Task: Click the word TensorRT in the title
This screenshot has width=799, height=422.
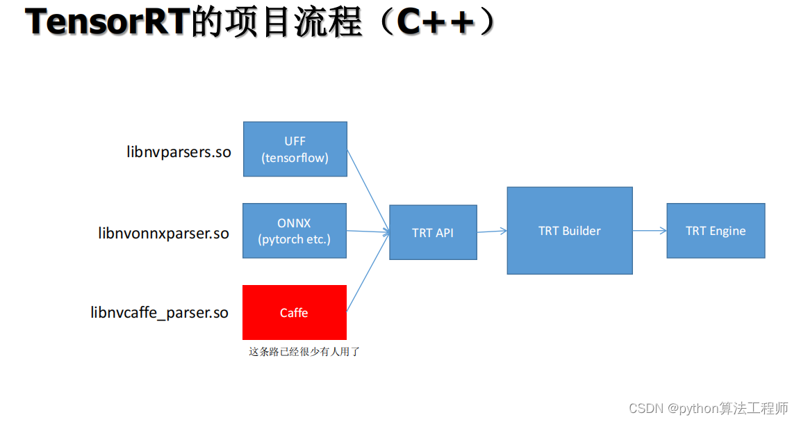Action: coord(107,23)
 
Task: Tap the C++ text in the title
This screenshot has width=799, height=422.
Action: coord(436,23)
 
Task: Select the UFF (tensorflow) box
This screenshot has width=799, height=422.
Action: coord(295,149)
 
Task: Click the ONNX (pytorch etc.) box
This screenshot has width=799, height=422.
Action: coord(294,231)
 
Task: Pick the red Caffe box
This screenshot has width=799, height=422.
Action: coord(294,312)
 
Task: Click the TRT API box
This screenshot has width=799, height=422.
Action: coord(433,232)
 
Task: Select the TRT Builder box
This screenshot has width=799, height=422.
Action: coord(569,230)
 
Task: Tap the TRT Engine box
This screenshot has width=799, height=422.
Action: coord(715,231)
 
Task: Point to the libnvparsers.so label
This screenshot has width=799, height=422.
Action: coord(179,152)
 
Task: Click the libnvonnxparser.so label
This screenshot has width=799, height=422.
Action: coord(164,234)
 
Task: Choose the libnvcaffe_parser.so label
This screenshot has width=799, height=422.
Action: coord(160,313)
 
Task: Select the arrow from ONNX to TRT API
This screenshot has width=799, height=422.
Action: coord(368,232)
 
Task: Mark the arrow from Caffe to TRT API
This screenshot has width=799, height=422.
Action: coord(368,273)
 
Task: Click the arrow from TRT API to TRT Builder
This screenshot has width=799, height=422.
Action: coord(492,232)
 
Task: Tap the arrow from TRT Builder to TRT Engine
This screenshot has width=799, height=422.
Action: coord(649,231)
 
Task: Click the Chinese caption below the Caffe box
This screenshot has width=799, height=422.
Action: coord(304,352)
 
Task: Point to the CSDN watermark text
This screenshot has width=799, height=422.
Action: coord(709,408)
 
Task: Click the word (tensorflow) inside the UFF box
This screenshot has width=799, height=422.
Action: coord(295,158)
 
